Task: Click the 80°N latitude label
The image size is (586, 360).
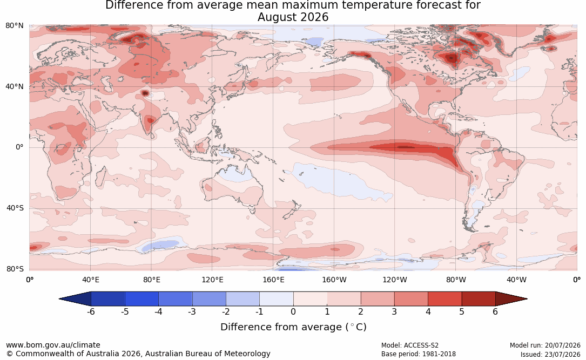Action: pos(14,26)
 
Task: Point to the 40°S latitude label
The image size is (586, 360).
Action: pos(15,208)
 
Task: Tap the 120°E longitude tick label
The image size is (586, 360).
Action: pos(212,280)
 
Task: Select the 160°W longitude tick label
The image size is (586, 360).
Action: pos(334,280)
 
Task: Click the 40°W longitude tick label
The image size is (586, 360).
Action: pos(516,280)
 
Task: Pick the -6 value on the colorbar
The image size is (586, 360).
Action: pos(91,311)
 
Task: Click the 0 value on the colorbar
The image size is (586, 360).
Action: pos(293,311)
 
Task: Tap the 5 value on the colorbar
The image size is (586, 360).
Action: pos(462,311)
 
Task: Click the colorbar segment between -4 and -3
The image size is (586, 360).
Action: pos(176,299)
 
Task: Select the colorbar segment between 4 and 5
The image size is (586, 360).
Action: pos(444,299)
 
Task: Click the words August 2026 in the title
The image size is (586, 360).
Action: pos(293,17)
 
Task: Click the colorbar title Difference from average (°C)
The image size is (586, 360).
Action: pos(293,327)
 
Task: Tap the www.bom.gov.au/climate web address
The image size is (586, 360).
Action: pos(53,345)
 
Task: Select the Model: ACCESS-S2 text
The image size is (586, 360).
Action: pos(410,345)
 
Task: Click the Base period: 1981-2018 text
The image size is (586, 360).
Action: pos(419,354)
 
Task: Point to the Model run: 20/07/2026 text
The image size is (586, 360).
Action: pos(545,345)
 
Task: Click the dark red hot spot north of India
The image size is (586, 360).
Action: pos(145,93)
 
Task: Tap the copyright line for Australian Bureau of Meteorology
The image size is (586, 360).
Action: pos(138,354)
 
